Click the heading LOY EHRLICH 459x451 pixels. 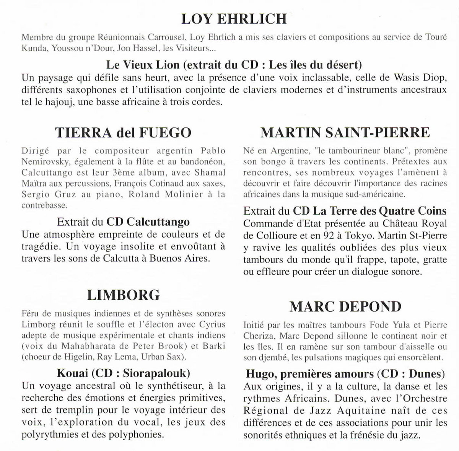tap(233, 19)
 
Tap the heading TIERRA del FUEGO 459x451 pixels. tap(123, 133)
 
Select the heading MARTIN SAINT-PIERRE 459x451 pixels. tap(345, 133)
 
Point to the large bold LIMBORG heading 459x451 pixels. tap(123, 295)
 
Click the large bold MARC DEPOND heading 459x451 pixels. tap(345, 306)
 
